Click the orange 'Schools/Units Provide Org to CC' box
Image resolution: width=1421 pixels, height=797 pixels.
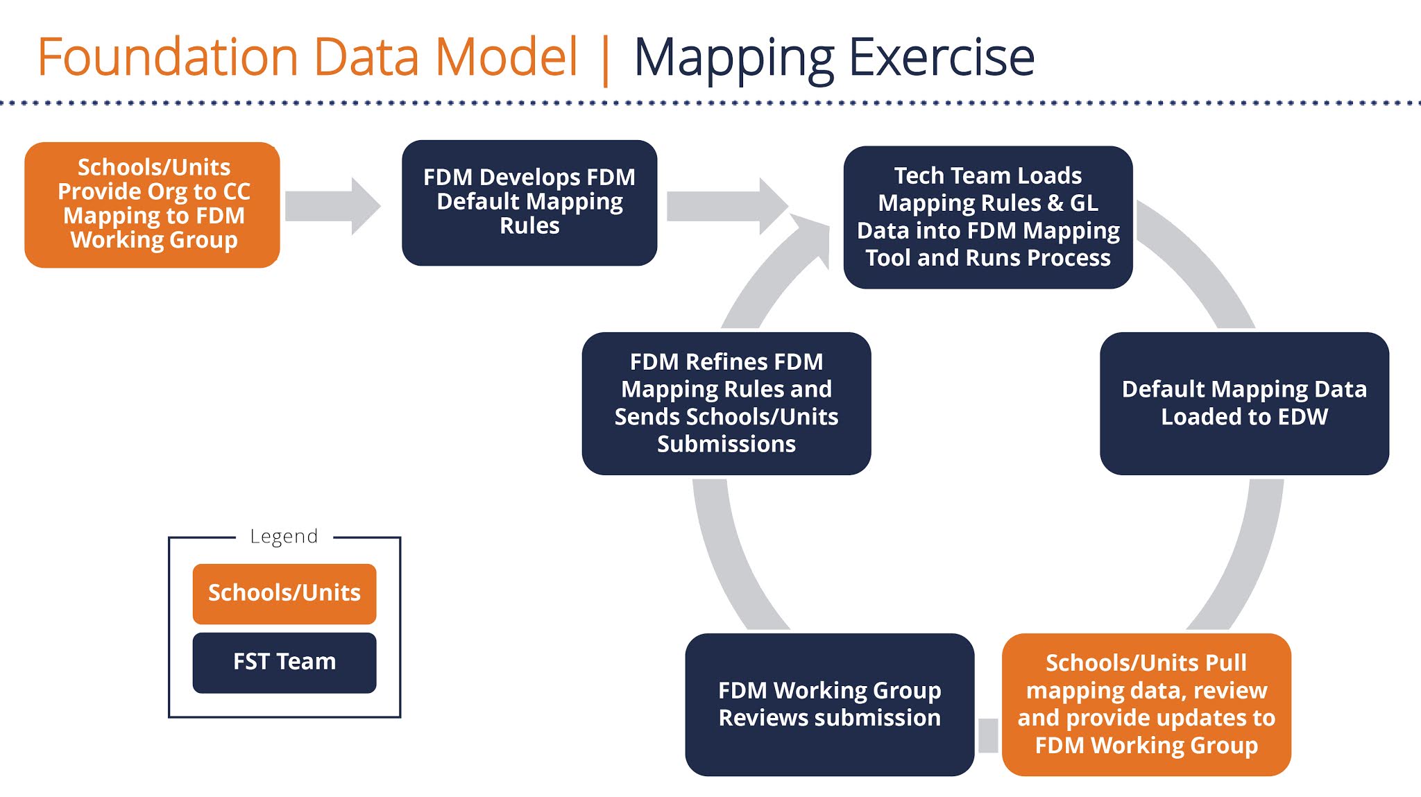(x=152, y=205)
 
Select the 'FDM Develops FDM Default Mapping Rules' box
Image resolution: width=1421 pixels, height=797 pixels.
(x=529, y=203)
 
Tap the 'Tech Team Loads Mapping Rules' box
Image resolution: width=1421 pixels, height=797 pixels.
(x=987, y=216)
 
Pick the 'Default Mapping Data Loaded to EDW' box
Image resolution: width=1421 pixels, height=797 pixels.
(x=1243, y=403)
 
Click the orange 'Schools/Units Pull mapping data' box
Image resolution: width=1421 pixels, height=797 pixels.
(x=1146, y=703)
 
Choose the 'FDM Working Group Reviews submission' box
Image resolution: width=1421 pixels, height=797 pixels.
(x=829, y=703)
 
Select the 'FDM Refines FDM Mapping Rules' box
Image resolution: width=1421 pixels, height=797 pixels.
(x=726, y=403)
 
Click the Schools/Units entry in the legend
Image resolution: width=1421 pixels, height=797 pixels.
(x=284, y=593)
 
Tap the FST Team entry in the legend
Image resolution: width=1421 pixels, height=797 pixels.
(x=284, y=662)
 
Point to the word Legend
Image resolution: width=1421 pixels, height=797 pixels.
(x=284, y=536)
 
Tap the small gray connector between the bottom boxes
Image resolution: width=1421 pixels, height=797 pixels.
(x=988, y=735)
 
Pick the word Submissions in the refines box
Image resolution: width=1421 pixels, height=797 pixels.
(x=726, y=444)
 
